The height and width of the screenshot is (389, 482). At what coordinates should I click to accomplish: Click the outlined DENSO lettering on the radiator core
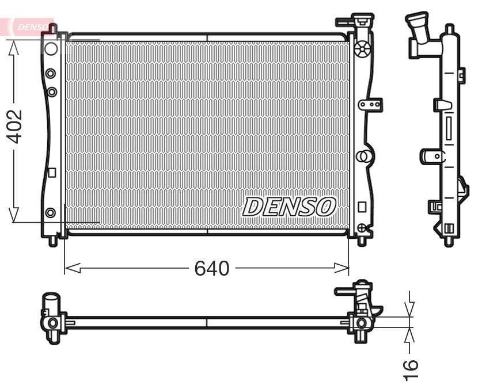pyautogui.click(x=289, y=207)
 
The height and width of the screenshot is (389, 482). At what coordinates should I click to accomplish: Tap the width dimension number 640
pyautogui.click(x=212, y=268)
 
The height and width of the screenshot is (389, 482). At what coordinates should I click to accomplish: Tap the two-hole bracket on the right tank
pyautogui.click(x=370, y=104)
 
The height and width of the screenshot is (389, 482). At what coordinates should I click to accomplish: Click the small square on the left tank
pyautogui.click(x=51, y=171)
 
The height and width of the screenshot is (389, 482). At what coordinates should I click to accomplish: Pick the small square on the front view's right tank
pyautogui.click(x=362, y=206)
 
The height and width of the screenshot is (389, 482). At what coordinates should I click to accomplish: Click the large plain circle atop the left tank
pyautogui.click(x=51, y=48)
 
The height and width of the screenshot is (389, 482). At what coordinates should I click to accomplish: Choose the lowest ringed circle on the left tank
pyautogui.click(x=51, y=212)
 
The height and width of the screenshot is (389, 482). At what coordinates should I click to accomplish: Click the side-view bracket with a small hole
pyautogui.click(x=432, y=156)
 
